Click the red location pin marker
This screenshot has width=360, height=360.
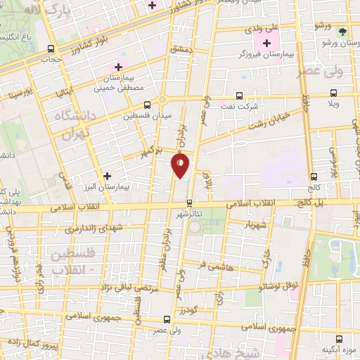click(180, 166)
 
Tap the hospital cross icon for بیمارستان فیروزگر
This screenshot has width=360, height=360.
click(266, 44)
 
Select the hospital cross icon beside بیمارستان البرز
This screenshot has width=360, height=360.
click(106, 176)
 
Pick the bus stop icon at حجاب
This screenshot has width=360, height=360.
click(50, 49)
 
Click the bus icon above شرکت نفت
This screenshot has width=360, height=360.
click(238, 96)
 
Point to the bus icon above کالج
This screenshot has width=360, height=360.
click(313, 177)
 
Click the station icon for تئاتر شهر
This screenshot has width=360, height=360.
click(188, 202)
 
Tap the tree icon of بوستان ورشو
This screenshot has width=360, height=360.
click(342, 32)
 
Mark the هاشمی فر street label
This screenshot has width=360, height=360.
click(211, 264)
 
